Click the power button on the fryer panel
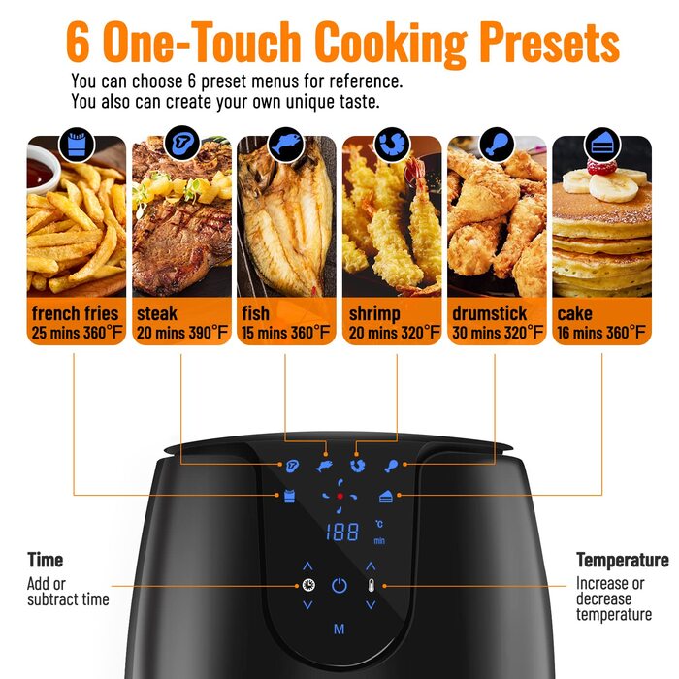pyautogui.click(x=339, y=586)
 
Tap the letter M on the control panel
pyautogui.click(x=339, y=630)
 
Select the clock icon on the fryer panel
pyautogui.click(x=308, y=585)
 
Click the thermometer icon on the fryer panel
pyautogui.click(x=371, y=585)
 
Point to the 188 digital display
pyautogui.click(x=342, y=533)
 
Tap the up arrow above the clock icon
pyautogui.click(x=307, y=566)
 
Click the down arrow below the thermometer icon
pyautogui.click(x=371, y=605)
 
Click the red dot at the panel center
pyautogui.click(x=339, y=496)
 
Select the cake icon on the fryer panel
pyautogui.click(x=386, y=497)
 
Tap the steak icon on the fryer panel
pyautogui.click(x=293, y=466)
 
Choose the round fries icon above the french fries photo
pyautogui.click(x=77, y=145)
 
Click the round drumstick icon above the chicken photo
pyautogui.click(x=497, y=145)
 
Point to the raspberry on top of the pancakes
pyautogui.click(x=602, y=167)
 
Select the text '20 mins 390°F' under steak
pyautogui.click(x=182, y=333)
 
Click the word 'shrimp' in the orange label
pyautogui.click(x=374, y=314)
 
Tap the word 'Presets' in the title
pyautogui.click(x=550, y=43)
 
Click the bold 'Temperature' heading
pyautogui.click(x=623, y=560)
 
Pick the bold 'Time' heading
pyautogui.click(x=45, y=560)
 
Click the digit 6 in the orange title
pyautogui.click(x=78, y=43)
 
